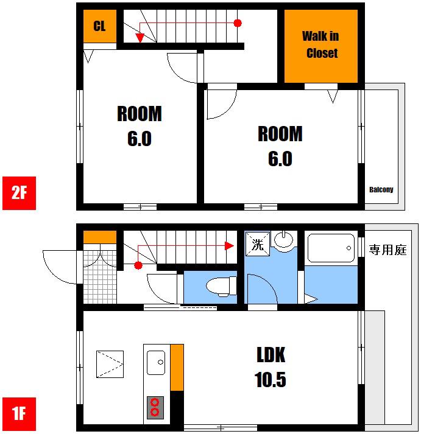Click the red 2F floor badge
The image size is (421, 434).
(x=19, y=193)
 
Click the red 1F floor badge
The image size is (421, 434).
(x=19, y=414)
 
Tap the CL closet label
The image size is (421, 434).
(x=99, y=26)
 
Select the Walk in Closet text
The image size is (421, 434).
(x=320, y=44)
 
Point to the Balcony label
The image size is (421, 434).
(x=381, y=189)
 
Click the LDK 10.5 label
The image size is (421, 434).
(x=271, y=367)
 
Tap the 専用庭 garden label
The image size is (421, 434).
(x=387, y=250)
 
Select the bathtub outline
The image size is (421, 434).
(x=331, y=248)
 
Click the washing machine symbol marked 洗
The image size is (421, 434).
(x=258, y=244)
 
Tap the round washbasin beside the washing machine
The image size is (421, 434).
(x=284, y=239)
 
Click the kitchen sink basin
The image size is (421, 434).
(x=156, y=363)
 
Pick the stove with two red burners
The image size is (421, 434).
(x=155, y=408)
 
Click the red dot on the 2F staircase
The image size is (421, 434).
(x=238, y=23)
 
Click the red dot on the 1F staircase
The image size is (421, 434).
(x=138, y=265)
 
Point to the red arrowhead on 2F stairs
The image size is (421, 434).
(x=140, y=38)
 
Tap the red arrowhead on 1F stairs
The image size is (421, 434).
(x=229, y=245)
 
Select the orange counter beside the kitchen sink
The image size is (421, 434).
(x=177, y=368)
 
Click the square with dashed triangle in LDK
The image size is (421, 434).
(x=110, y=364)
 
